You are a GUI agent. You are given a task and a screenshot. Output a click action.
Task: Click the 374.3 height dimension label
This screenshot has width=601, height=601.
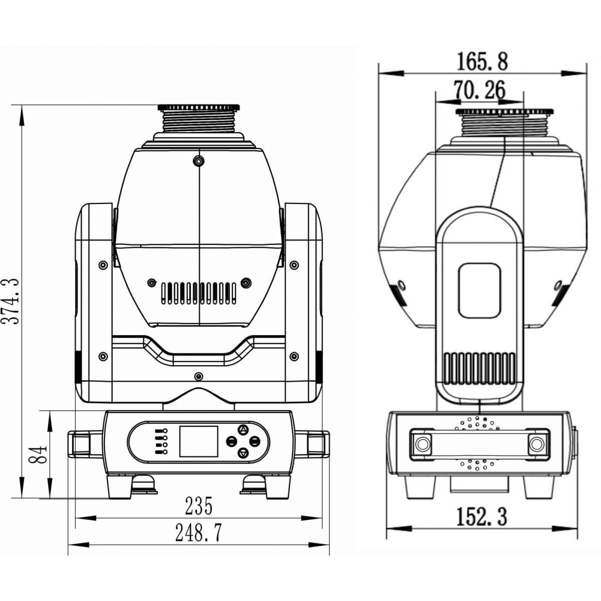[x=11, y=302]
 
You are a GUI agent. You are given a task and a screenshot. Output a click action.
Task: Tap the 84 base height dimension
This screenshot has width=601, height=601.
[x=41, y=454]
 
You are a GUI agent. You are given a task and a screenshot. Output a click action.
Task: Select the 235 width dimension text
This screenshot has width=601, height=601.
[x=199, y=506]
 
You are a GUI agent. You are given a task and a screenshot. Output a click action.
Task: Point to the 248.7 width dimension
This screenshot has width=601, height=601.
[x=198, y=533]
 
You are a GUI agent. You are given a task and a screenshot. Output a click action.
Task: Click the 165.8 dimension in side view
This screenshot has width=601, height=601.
[x=482, y=62]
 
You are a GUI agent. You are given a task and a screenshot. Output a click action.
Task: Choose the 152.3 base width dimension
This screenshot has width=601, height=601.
[x=481, y=516]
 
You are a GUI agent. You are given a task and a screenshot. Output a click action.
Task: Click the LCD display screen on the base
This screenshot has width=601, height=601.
[x=199, y=441]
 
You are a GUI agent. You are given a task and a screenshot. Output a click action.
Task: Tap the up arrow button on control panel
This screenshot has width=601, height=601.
[x=243, y=430]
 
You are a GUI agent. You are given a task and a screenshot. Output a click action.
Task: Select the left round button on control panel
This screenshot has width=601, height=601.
[x=231, y=441]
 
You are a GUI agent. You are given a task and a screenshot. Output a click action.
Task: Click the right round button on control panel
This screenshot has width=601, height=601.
[x=255, y=441]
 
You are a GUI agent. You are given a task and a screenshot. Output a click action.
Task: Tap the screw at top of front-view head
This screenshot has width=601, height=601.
[x=199, y=161]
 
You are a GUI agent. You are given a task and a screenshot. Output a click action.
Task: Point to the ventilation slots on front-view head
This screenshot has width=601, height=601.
[x=199, y=293]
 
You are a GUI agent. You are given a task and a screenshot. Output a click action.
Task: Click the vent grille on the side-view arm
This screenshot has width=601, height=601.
[x=479, y=369]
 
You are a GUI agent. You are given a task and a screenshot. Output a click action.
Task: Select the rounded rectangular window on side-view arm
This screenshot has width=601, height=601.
[x=479, y=290]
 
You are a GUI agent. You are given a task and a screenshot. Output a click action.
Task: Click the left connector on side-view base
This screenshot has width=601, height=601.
[x=422, y=443]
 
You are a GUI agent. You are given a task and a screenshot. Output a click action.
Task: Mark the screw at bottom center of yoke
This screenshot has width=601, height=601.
[x=199, y=376]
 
